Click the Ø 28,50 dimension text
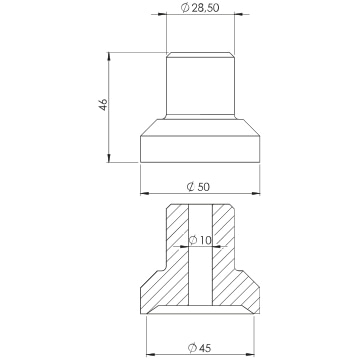click(200, 8)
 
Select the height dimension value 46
click(103, 105)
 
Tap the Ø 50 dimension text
click(198, 187)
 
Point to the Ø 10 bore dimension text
click(200, 240)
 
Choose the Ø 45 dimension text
click(199, 348)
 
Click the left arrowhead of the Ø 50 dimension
click(144, 193)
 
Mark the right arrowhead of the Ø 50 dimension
click(256, 193)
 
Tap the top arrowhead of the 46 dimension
click(109, 56)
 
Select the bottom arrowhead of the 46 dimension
click(109, 158)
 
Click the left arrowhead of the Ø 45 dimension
click(151, 355)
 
